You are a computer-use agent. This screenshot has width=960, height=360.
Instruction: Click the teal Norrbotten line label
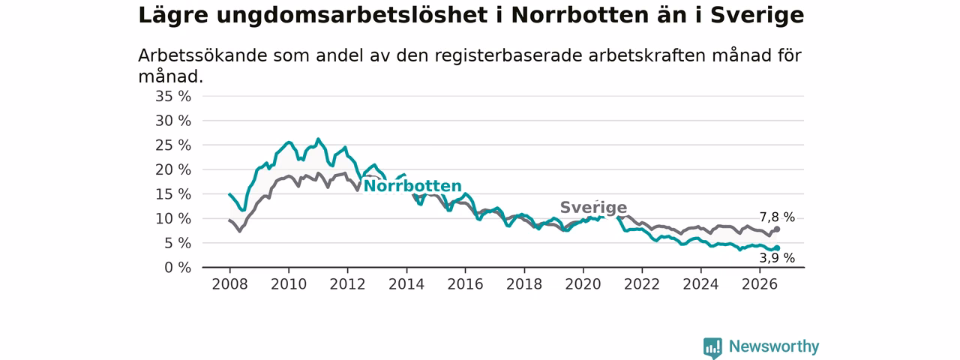(x=412, y=186)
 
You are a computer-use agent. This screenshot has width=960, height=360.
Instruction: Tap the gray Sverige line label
(x=593, y=208)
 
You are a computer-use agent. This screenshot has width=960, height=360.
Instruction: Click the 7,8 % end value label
(x=777, y=217)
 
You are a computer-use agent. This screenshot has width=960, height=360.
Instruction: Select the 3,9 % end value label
(x=777, y=257)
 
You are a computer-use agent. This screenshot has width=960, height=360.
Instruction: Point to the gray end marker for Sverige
(x=777, y=229)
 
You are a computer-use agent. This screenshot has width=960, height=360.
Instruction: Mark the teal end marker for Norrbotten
(x=777, y=248)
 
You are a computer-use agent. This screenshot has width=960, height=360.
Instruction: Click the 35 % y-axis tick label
(x=173, y=97)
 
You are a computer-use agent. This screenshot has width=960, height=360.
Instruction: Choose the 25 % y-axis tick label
(x=173, y=145)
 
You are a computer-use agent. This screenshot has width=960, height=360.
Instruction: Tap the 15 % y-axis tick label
(x=173, y=194)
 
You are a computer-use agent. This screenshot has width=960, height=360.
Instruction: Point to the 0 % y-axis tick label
(x=178, y=268)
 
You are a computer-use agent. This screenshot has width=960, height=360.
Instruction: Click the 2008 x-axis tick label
(x=229, y=284)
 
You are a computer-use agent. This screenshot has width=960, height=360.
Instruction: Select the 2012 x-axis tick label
(x=347, y=284)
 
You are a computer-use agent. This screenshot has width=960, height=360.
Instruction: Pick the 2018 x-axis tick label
(x=524, y=284)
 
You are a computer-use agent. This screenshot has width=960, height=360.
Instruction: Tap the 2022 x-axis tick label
(x=642, y=284)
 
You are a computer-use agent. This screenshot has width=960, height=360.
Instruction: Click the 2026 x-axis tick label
(x=760, y=284)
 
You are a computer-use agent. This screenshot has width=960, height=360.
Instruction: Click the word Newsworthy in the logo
(x=774, y=346)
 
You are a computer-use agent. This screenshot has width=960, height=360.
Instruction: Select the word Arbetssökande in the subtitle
(x=202, y=55)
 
